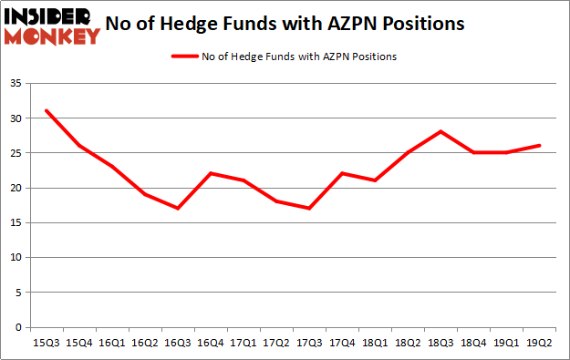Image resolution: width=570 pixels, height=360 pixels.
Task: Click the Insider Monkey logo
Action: (x=51, y=26)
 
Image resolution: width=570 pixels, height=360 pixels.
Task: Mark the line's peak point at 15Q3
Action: (x=46, y=111)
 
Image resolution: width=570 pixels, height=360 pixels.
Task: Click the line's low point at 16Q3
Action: (x=177, y=209)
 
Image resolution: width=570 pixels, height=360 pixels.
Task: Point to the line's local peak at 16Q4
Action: (x=210, y=174)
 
